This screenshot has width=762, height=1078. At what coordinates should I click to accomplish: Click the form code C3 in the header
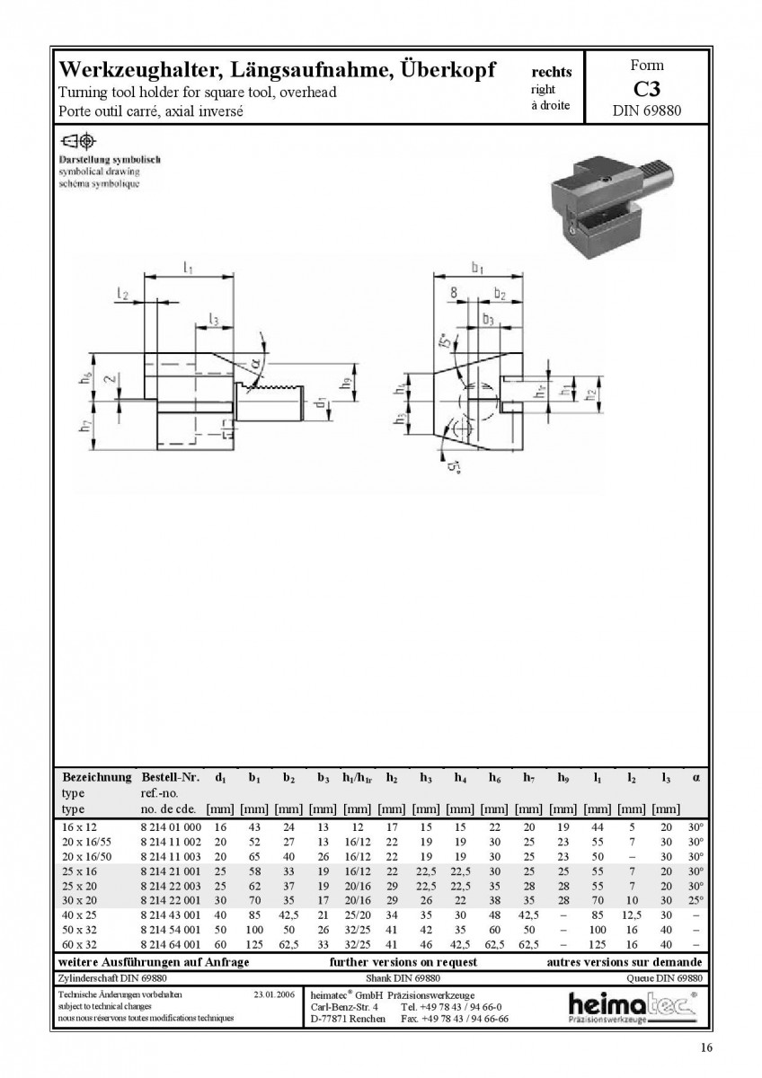[x=646, y=89]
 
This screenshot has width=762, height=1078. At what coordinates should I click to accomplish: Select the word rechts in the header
[x=551, y=72]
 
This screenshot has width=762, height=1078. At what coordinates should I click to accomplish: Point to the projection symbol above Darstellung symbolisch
[x=78, y=141]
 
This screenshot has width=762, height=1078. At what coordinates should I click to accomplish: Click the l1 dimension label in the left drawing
[x=188, y=268]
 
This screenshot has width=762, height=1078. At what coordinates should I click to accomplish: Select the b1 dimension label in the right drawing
[x=477, y=267]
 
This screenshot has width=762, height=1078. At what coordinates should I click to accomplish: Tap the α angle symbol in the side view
[x=256, y=361]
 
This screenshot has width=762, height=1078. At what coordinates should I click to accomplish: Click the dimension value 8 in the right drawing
[x=454, y=293]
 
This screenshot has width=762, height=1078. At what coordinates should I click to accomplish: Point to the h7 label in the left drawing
[x=84, y=426]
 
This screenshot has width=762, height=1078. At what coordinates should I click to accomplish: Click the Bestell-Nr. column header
[x=171, y=777]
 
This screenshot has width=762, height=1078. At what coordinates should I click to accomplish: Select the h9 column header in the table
[x=563, y=778]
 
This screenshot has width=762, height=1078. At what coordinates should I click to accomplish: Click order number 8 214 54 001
[x=171, y=929]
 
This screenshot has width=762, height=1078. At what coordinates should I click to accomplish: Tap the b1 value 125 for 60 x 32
[x=254, y=944]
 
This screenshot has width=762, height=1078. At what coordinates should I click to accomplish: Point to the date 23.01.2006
[x=274, y=994]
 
